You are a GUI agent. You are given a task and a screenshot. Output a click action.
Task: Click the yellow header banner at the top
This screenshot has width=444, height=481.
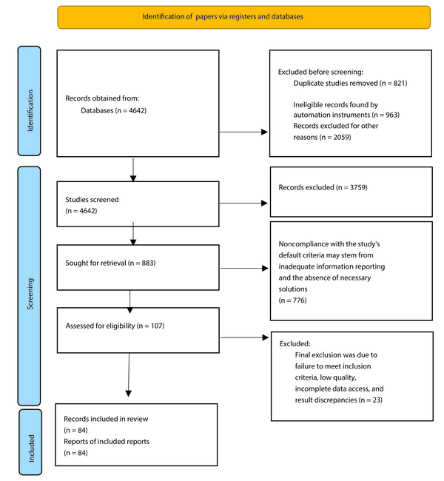244,17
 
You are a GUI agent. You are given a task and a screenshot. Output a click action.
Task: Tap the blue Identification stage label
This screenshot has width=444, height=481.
29,101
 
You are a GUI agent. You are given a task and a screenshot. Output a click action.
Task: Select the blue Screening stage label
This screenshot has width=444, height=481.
29,286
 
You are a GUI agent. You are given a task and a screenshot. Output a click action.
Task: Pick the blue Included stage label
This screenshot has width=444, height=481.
30,442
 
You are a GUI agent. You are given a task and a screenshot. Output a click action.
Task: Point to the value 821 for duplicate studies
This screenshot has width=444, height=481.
399,83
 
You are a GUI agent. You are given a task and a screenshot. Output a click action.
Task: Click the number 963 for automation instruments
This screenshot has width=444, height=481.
391,115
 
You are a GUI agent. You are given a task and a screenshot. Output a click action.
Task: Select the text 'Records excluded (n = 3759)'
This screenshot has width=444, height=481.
323,187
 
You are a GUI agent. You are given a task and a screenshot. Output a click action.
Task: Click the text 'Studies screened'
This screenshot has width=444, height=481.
92,200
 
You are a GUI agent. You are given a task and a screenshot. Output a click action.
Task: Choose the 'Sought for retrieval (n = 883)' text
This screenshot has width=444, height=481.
110,263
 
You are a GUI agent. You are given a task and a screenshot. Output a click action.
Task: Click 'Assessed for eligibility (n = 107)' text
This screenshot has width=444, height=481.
115,326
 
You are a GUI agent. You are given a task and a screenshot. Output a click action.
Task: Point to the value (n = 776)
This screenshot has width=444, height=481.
292,300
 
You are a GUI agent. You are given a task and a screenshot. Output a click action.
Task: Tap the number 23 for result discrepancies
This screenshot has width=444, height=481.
377,400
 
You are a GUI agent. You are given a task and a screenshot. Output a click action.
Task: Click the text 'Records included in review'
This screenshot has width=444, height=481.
106,419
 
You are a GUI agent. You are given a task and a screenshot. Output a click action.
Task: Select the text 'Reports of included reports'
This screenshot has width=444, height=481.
107,442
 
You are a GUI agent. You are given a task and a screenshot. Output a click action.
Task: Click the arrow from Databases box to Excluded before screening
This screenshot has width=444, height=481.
243,132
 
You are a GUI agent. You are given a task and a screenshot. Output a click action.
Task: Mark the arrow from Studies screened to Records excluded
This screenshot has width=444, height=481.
243,203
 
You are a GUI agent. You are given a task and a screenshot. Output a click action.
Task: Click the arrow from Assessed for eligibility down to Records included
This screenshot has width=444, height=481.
129,374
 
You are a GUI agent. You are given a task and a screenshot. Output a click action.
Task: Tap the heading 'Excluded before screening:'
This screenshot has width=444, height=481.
320,72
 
